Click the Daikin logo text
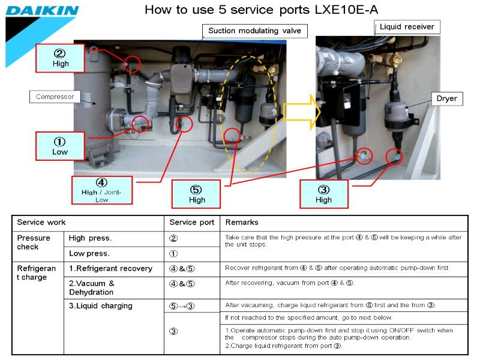click(x=42, y=11)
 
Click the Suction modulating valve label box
click(x=254, y=31)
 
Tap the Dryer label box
click(x=446, y=98)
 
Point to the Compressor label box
click(x=55, y=96)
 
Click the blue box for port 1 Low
click(x=60, y=146)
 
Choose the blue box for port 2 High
click(x=61, y=58)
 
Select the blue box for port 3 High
click(x=323, y=194)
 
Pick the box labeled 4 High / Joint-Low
click(x=101, y=190)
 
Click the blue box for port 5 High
click(x=197, y=194)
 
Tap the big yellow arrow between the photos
click(x=298, y=113)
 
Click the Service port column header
click(x=191, y=223)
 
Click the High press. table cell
click(x=91, y=238)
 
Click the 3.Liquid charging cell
click(x=100, y=305)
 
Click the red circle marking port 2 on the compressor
click(x=132, y=63)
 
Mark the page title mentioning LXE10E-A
click(x=262, y=10)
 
